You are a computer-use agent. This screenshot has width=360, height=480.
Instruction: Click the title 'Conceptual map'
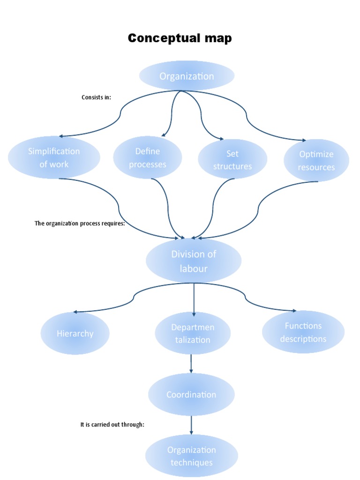(180, 38)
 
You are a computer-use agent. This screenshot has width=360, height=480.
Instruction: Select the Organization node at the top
(187, 76)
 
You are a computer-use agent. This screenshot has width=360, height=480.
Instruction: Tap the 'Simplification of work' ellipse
(54, 157)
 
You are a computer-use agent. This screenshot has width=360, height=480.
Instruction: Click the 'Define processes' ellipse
(148, 157)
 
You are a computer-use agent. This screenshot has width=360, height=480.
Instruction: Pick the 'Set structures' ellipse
(232, 159)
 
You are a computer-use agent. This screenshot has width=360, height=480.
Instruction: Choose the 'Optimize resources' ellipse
(316, 160)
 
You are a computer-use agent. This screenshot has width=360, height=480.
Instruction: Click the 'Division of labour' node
(194, 261)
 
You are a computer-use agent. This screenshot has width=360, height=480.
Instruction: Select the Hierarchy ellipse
(75, 333)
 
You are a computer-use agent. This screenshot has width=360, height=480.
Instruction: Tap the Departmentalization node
(193, 333)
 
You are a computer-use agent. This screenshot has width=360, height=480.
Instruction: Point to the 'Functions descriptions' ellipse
(303, 332)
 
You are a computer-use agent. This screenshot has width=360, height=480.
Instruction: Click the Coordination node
(191, 394)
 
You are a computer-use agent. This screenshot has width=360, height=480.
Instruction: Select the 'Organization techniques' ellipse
(191, 456)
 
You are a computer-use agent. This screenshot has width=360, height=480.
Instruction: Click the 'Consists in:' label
(96, 97)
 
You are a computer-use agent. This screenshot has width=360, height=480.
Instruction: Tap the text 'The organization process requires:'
(80, 223)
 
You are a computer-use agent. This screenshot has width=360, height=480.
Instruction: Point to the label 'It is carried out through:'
(112, 425)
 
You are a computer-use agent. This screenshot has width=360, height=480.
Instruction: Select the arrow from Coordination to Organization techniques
(191, 425)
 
